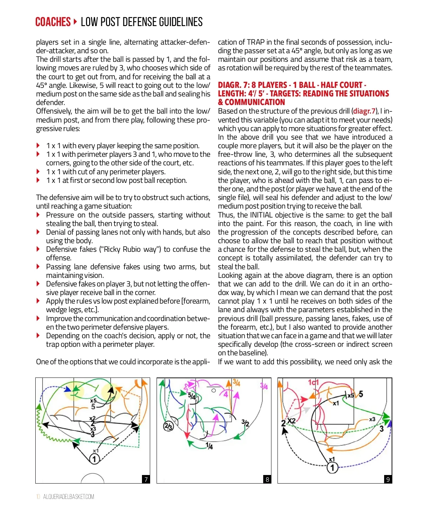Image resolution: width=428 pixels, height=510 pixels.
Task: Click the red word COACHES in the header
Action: tap(53, 22)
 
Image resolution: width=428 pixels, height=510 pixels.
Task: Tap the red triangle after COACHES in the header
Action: tap(75, 22)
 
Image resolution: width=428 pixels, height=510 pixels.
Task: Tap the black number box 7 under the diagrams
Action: tap(146, 479)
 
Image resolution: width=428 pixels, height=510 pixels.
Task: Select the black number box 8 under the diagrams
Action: tap(267, 479)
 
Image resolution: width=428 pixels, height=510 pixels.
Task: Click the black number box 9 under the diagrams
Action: tap(388, 479)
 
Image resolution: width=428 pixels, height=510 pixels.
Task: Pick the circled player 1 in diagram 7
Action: tap(94, 459)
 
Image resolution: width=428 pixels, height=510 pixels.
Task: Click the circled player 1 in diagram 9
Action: tap(332, 467)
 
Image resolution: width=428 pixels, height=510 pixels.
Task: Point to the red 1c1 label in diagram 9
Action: tap(313, 382)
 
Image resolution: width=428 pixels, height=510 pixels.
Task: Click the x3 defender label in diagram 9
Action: tap(372, 419)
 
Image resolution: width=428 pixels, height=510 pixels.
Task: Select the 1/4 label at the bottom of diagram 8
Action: tap(209, 446)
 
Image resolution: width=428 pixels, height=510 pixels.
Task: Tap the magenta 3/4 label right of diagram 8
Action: tap(264, 386)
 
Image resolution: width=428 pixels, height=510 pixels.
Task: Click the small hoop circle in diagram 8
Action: tap(214, 390)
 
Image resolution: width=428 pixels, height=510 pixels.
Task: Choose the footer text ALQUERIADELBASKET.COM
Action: tap(68, 497)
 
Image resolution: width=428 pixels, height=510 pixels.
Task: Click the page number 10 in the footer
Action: tap(38, 497)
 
